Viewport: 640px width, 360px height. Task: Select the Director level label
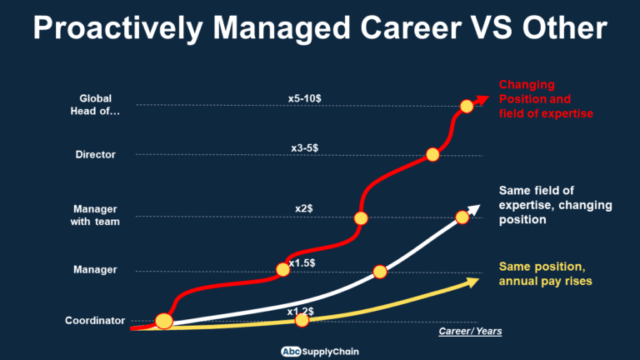pos(95,155)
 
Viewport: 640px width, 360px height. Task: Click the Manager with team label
pos(96,214)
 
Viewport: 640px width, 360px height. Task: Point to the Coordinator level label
pos(95,320)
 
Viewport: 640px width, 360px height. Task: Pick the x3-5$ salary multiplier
pos(304,147)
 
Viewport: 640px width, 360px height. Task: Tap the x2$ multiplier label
pos(304,208)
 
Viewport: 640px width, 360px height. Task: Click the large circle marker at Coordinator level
pos(164,321)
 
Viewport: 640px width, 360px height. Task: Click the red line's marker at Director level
pos(432,154)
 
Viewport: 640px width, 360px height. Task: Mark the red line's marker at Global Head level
pos(467,106)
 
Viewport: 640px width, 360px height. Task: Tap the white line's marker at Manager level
pos(380,271)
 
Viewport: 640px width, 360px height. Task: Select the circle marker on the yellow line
pos(302,320)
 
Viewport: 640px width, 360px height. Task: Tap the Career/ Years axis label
pos(470,332)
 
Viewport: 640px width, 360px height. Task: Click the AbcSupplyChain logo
pos(319,350)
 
